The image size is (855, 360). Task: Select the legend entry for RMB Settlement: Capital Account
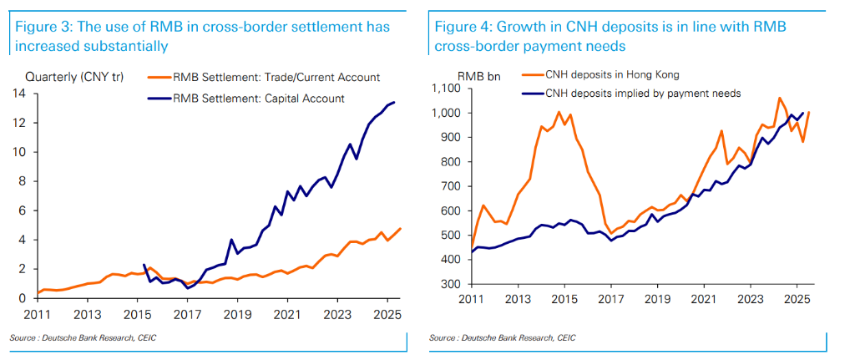pos(258,98)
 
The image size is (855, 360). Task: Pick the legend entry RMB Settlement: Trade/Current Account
pos(276,78)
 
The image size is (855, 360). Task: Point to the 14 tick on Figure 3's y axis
pos(19,93)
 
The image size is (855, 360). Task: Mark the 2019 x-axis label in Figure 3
pos(238,314)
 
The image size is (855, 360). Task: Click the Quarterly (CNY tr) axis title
pos(75,78)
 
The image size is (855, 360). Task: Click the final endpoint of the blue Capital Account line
pos(395,102)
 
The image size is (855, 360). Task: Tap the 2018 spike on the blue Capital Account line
pos(230,240)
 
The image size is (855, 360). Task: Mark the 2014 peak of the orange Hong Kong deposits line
pos(559,112)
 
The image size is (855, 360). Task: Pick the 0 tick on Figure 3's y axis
pos(22,298)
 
